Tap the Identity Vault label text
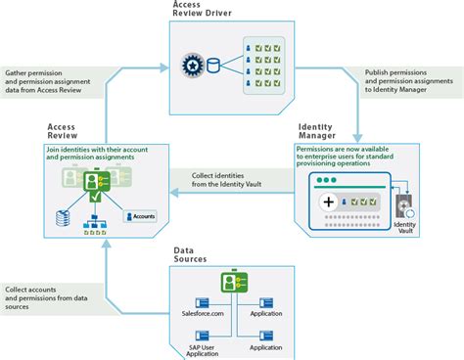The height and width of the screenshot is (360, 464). tap(404, 228)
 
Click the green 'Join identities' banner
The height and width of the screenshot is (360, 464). tap(94, 155)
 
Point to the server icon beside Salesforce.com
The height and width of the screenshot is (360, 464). tap(206, 301)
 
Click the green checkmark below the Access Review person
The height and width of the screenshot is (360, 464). tap(95, 200)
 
